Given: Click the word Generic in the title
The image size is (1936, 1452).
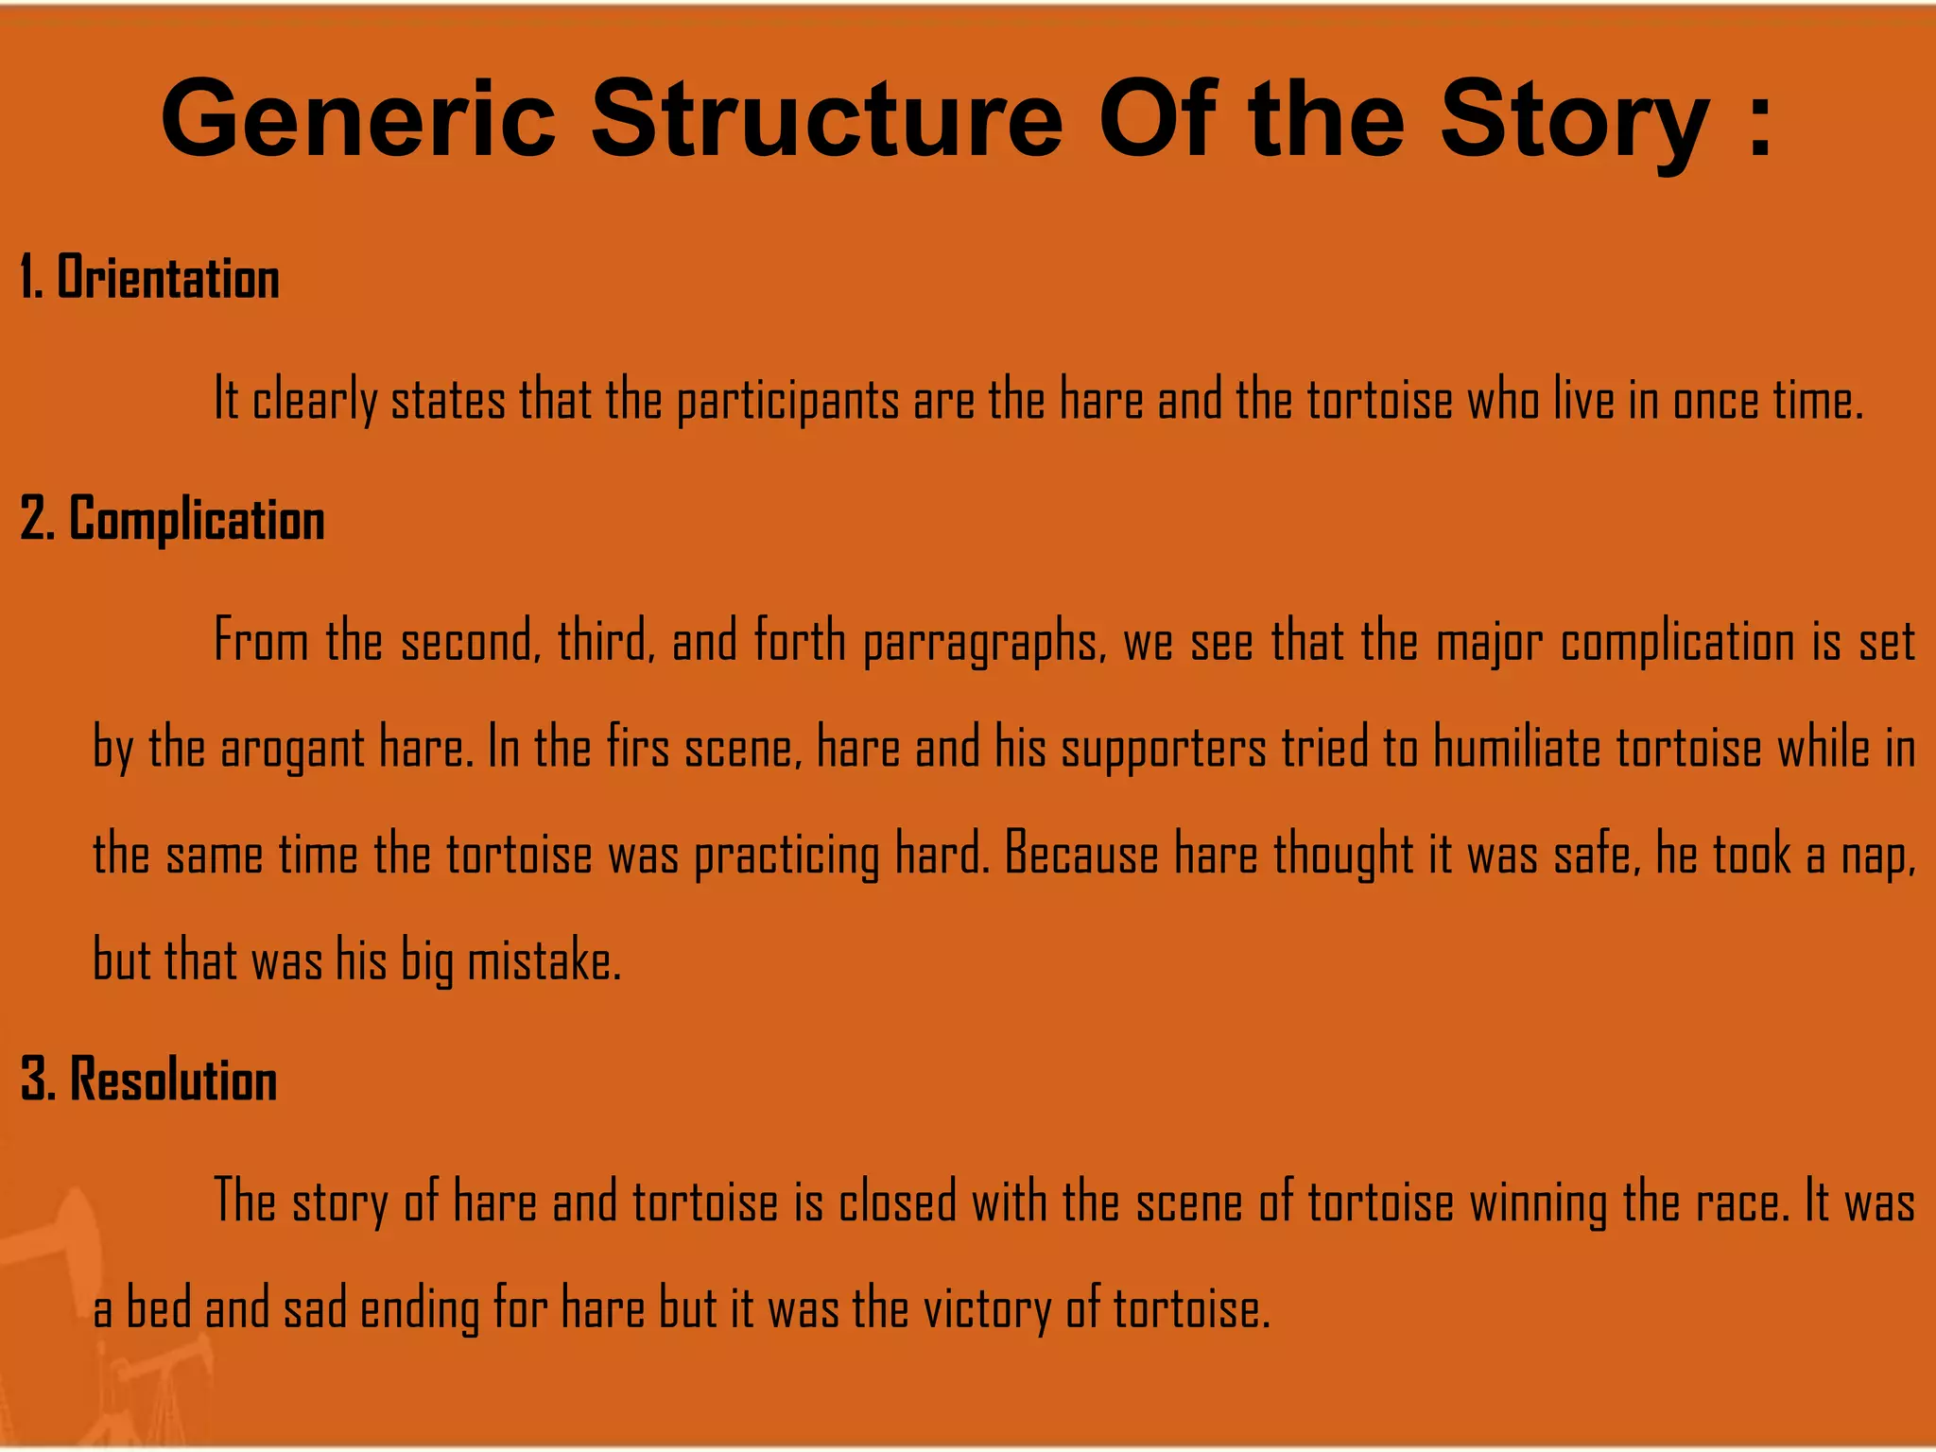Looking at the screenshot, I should point(358,120).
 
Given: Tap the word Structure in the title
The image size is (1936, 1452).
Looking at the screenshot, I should point(827,120).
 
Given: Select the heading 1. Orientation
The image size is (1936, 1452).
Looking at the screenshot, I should point(149,279).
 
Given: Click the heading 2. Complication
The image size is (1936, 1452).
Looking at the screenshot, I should point(172,521).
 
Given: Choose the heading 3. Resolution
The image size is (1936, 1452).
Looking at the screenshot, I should point(148,1080).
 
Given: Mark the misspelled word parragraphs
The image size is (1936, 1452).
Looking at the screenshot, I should point(983,643).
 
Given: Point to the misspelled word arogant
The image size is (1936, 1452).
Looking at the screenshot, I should point(292,750).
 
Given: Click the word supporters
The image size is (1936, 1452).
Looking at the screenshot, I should point(1163,750).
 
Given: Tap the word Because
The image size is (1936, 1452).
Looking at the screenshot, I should point(1081,855).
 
